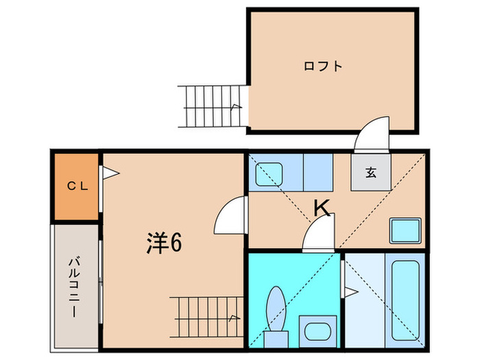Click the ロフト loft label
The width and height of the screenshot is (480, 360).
[x=323, y=67]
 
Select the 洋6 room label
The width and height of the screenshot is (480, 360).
[x=165, y=243]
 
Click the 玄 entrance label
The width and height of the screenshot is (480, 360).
[x=370, y=173]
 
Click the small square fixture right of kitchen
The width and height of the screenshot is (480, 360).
[x=405, y=230]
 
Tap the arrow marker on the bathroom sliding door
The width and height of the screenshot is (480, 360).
[x=350, y=293]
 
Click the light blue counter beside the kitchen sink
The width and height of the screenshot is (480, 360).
[x=317, y=173]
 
